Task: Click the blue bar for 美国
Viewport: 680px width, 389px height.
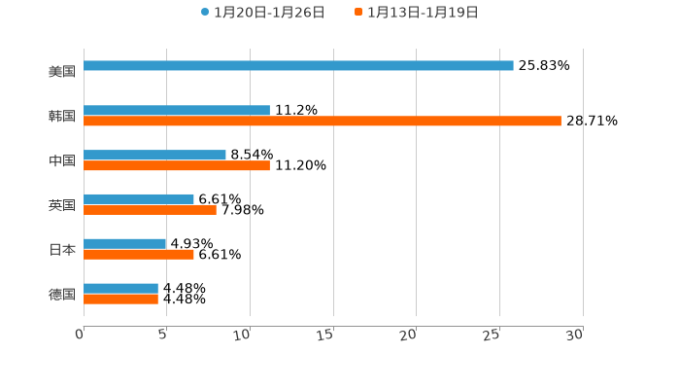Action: [x=298, y=66]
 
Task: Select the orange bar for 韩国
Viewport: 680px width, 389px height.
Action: [x=323, y=122]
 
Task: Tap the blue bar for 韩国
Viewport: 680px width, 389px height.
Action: [x=177, y=111]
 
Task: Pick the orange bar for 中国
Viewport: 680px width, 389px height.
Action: [x=177, y=166]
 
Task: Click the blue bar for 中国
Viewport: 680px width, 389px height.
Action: [x=154, y=156]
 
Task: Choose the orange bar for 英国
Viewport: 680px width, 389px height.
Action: [x=150, y=210]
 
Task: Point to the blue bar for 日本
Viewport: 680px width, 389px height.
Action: [x=125, y=244]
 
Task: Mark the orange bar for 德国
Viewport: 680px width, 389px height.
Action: [x=120, y=299]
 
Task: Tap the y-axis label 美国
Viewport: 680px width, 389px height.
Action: [x=62, y=72]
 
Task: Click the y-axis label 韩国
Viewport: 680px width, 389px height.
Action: [x=62, y=117]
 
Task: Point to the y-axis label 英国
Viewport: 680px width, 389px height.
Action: [x=62, y=205]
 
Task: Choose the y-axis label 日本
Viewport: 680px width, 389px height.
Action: [x=62, y=250]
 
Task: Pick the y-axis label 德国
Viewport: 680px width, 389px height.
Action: [x=62, y=295]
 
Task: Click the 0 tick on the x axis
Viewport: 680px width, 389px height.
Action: [x=81, y=335]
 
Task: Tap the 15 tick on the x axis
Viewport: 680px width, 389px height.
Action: [x=326, y=336]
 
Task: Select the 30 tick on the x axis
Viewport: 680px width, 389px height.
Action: [x=575, y=336]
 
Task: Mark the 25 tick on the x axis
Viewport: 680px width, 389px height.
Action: [x=493, y=336]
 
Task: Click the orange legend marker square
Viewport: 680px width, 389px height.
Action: [x=358, y=13]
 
